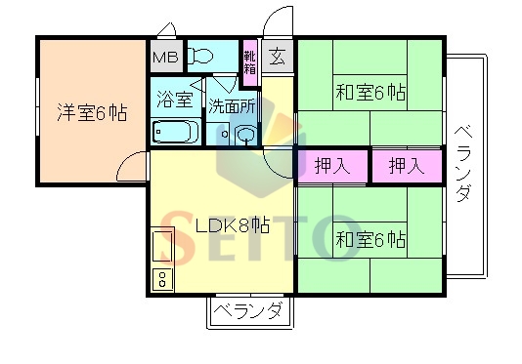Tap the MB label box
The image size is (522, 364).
click(x=163, y=56)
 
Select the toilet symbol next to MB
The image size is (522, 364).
click(x=202, y=56)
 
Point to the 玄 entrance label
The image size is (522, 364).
click(x=278, y=56)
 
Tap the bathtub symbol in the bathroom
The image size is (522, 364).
click(x=176, y=132)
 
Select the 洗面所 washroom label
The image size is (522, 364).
click(x=231, y=104)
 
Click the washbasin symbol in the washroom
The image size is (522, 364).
click(x=244, y=135)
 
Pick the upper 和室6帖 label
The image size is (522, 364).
click(x=371, y=94)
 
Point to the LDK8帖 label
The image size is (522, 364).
click(x=232, y=225)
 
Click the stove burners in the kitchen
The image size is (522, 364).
click(x=161, y=279)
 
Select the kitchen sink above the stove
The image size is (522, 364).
click(x=161, y=247)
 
